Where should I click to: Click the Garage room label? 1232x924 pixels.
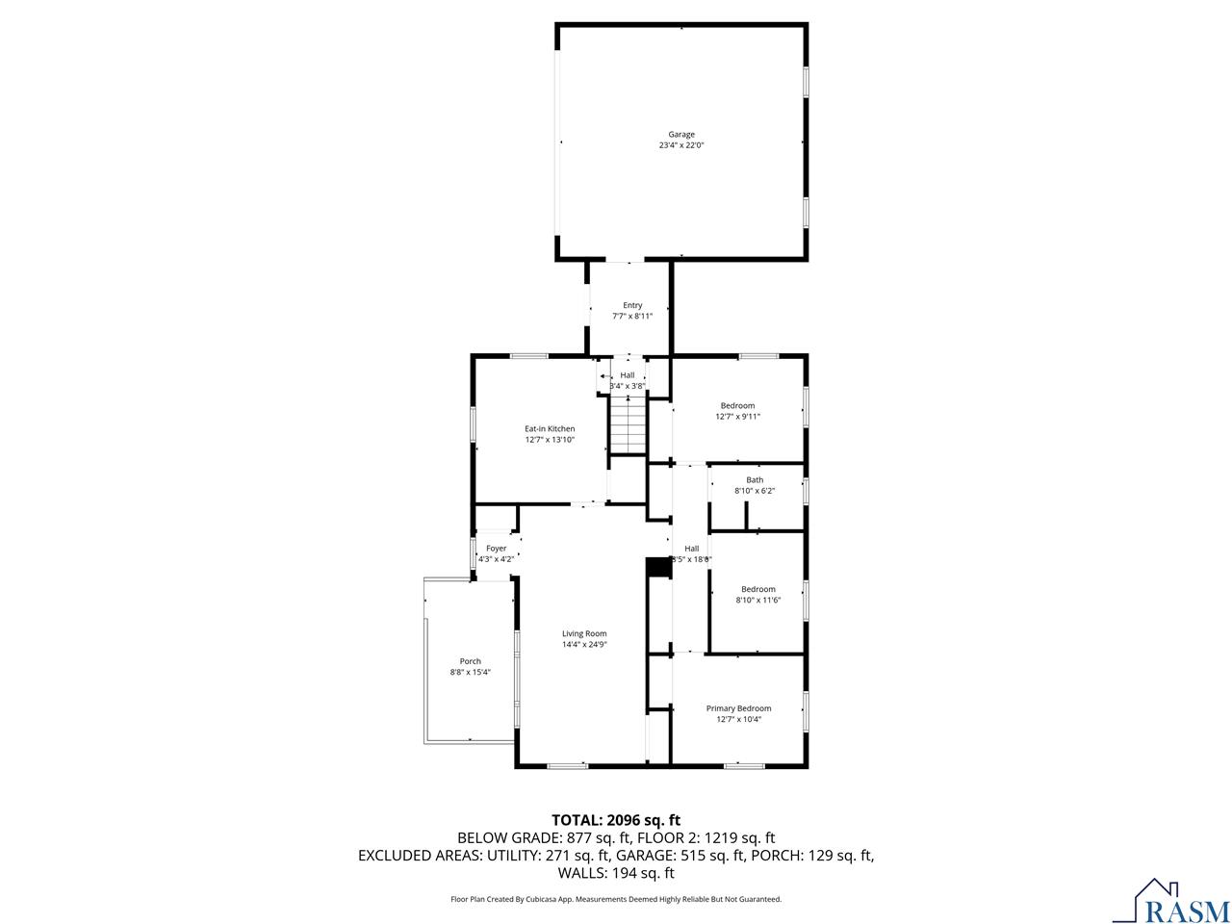pyautogui.click(x=681, y=135)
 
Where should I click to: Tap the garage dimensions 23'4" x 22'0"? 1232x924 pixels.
pyautogui.click(x=681, y=146)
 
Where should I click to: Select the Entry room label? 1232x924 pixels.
pyautogui.click(x=632, y=305)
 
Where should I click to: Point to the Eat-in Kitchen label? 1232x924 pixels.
pyautogui.click(x=550, y=428)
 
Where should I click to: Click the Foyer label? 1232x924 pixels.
pyautogui.click(x=496, y=549)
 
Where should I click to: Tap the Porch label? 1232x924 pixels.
pyautogui.click(x=470, y=661)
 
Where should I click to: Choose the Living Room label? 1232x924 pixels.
pyautogui.click(x=584, y=633)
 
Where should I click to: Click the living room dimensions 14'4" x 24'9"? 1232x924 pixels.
pyautogui.click(x=584, y=645)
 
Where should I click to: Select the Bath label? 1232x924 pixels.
pyautogui.click(x=755, y=479)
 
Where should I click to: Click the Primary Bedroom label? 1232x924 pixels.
pyautogui.click(x=738, y=708)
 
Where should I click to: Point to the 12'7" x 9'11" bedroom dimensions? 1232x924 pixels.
pyautogui.click(x=737, y=417)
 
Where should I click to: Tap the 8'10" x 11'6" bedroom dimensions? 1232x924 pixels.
pyautogui.click(x=757, y=600)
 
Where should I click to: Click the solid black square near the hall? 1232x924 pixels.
pyautogui.click(x=658, y=568)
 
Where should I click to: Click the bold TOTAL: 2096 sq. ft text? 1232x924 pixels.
pyautogui.click(x=615, y=820)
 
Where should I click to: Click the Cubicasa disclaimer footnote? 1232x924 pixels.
pyautogui.click(x=616, y=899)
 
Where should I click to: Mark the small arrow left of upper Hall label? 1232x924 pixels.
pyautogui.click(x=603, y=376)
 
